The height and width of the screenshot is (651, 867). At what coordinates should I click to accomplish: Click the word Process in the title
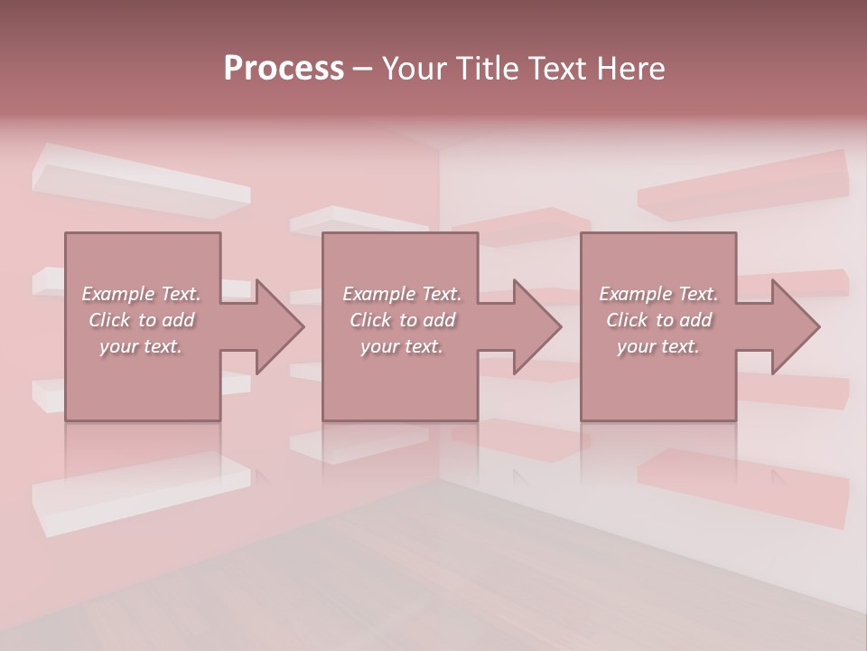(x=284, y=69)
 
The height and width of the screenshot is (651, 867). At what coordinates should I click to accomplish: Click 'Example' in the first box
(x=117, y=294)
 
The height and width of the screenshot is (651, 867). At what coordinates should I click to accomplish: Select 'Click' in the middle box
(x=369, y=320)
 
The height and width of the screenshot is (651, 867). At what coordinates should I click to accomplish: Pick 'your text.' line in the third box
(x=658, y=346)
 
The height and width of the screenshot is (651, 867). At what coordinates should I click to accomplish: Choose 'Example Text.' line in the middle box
(x=402, y=294)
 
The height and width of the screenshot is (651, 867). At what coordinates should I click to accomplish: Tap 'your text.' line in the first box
(x=141, y=346)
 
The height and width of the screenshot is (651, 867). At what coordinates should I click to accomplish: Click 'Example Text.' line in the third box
(x=658, y=294)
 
